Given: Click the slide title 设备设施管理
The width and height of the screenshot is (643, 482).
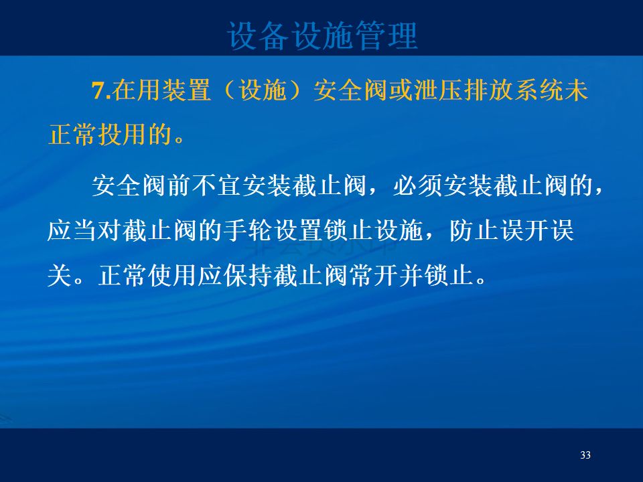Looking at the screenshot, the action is [322, 36].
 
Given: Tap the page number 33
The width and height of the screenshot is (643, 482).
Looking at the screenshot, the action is [585, 455].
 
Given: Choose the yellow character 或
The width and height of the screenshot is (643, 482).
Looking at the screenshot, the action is [401, 90].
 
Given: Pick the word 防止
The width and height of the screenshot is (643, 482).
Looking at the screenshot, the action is [474, 230].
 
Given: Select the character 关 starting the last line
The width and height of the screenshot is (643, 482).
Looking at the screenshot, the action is [60, 275].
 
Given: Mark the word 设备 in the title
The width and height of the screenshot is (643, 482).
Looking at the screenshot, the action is [259, 36].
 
